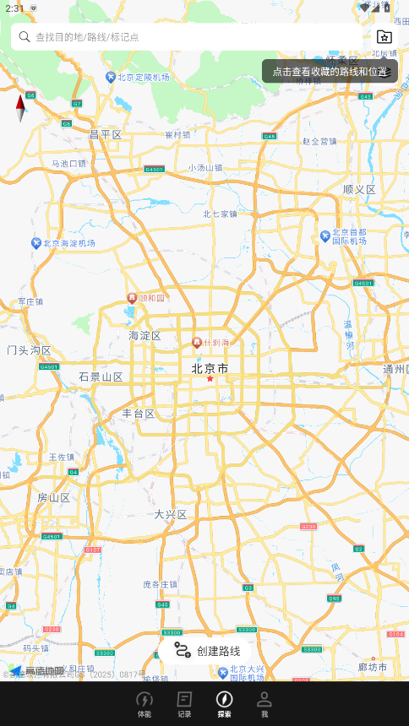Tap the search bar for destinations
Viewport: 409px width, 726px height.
186,37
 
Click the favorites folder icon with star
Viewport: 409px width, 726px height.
384,37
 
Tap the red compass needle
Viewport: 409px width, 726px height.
20,108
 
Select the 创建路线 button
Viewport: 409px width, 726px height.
207,650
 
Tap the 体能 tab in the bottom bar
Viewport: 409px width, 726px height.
145,704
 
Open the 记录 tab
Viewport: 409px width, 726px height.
184,704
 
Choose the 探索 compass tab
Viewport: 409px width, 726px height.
224,704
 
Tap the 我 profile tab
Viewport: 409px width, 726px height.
264,704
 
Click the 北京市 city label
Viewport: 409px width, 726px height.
210,369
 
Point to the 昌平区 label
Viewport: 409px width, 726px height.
106,135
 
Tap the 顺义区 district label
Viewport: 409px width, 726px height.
359,190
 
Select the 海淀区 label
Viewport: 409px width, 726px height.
145,336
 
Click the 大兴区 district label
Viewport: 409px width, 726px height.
170,514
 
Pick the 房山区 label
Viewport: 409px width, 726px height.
53,498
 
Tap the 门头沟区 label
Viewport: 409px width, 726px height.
30,350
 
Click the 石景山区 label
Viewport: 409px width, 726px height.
101,377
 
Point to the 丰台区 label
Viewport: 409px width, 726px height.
139,414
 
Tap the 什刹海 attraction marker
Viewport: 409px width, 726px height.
197,342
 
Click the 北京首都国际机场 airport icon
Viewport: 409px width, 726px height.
325,236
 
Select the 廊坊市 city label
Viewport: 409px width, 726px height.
373,667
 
